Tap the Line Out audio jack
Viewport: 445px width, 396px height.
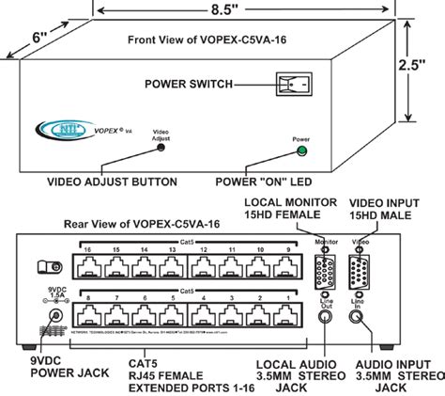coord(324,317)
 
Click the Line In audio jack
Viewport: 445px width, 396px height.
coord(358,317)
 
